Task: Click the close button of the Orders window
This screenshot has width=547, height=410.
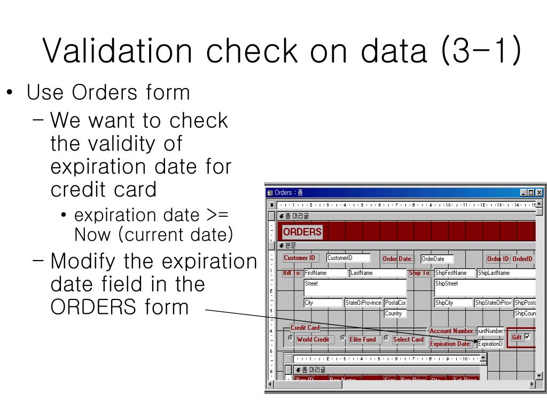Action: (x=539, y=193)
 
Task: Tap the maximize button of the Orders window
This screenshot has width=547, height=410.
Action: (x=531, y=193)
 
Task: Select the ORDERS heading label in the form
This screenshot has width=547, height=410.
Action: (x=302, y=232)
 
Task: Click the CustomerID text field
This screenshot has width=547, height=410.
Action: (x=348, y=258)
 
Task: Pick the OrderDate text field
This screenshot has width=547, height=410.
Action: (x=437, y=259)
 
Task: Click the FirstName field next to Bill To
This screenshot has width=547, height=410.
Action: (x=325, y=273)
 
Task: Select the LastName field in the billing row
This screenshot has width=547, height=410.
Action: (x=378, y=273)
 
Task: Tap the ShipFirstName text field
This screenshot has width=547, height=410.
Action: (x=454, y=273)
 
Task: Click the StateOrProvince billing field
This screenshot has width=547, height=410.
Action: (x=363, y=303)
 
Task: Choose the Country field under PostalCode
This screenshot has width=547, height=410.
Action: (x=395, y=313)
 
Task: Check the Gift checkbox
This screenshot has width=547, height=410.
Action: (x=528, y=337)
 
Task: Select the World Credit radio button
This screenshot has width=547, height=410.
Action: (x=291, y=338)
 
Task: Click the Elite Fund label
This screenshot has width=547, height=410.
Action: (x=363, y=340)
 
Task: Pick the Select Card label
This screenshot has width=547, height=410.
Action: (x=408, y=340)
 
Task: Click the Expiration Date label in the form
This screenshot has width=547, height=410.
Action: (x=450, y=344)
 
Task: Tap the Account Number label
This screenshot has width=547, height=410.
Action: (x=452, y=331)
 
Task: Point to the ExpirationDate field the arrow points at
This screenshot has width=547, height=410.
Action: (x=490, y=344)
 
